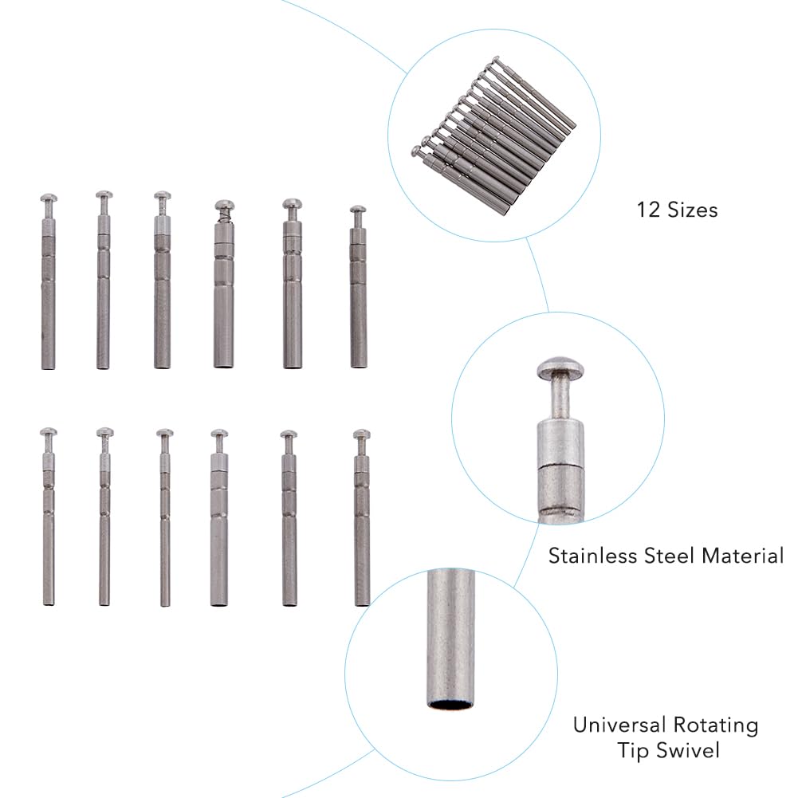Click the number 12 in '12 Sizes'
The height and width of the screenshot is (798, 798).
pos(648,210)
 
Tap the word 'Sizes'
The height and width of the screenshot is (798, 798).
pos(693,210)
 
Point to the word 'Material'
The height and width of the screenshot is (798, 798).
pos(743,555)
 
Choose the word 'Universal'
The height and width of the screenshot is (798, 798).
pos(619,725)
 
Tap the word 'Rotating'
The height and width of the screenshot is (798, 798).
pos(716,725)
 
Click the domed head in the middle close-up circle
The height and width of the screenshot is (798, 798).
pos(560,368)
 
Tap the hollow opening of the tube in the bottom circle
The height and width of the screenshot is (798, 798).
pos(451,705)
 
